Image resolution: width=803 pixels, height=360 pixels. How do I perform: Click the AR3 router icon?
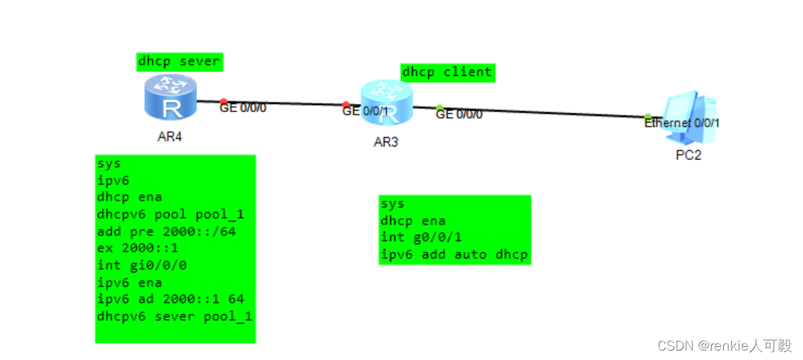click(x=387, y=103)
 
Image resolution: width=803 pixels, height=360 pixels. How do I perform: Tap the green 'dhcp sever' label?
click(x=179, y=62)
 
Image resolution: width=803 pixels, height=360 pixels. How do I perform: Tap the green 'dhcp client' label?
click(x=447, y=72)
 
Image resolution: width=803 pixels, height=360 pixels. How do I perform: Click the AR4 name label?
click(x=169, y=137)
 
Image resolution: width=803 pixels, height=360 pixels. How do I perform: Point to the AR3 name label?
click(x=386, y=142)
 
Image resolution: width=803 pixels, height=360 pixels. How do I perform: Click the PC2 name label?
click(x=689, y=155)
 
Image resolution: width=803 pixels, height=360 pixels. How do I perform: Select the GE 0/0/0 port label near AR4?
click(x=243, y=108)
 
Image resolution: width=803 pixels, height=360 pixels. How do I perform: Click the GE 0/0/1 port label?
click(x=366, y=112)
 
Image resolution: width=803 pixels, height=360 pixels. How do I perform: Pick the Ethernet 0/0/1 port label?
click(x=682, y=123)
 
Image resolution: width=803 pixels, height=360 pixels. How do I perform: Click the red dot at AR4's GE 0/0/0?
click(x=224, y=101)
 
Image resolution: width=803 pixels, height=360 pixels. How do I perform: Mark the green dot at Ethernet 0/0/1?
click(x=648, y=117)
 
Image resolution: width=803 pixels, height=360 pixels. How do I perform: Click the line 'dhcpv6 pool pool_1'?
click(x=170, y=214)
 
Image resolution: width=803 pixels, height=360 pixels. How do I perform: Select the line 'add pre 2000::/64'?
click(x=167, y=231)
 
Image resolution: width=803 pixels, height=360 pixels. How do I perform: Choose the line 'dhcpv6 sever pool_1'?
click(x=174, y=316)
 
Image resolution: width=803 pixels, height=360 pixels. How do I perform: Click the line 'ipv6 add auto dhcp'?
click(x=454, y=254)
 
